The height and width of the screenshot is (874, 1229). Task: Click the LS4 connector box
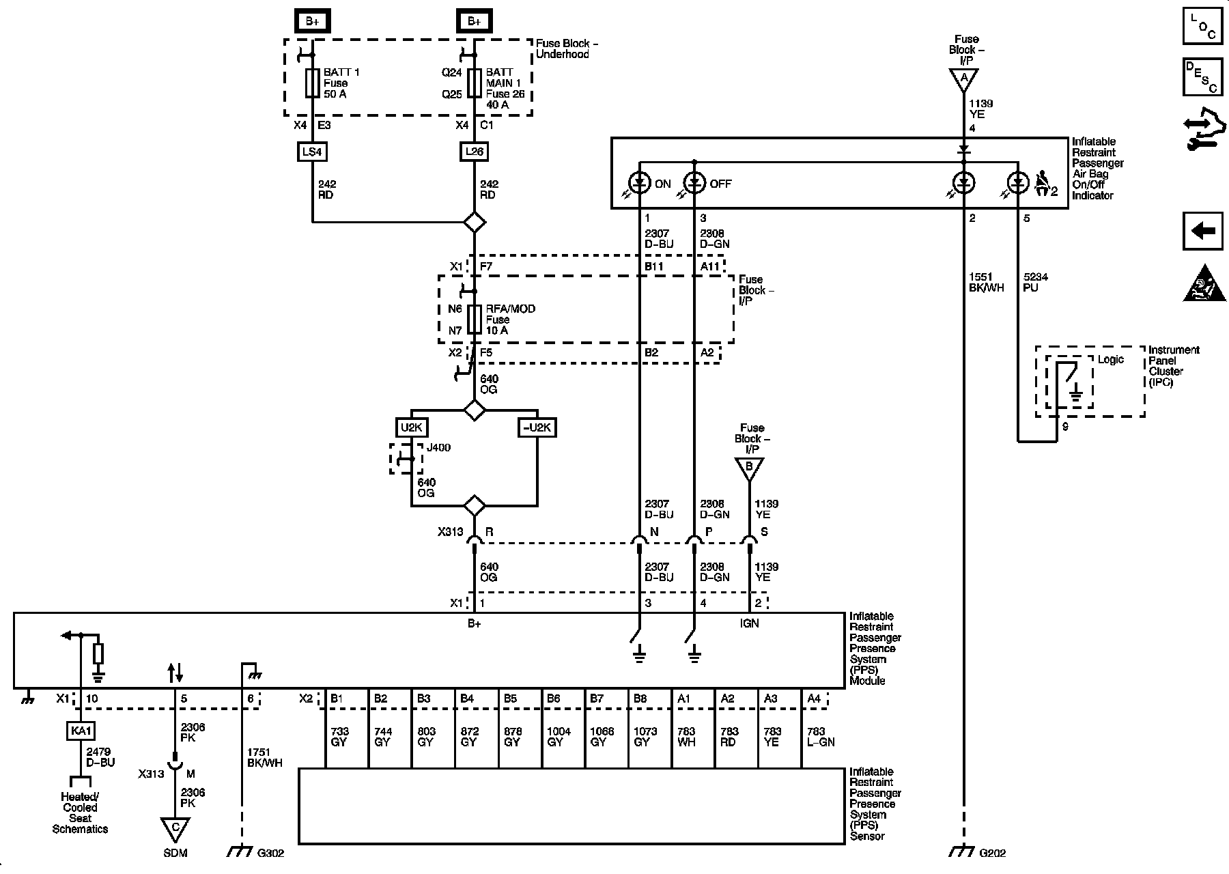[x=312, y=152]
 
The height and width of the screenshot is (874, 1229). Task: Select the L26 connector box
[x=475, y=152]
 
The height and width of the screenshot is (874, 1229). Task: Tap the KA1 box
[x=81, y=731]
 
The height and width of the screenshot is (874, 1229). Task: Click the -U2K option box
[x=537, y=428]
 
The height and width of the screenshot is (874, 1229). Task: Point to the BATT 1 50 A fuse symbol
[x=312, y=83]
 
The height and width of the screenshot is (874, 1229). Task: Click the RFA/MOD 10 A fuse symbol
[x=475, y=320]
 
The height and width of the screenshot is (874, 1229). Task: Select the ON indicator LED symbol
[x=639, y=183]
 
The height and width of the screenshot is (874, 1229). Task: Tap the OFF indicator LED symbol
[x=694, y=183]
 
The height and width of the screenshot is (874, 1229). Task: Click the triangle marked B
[x=749, y=468]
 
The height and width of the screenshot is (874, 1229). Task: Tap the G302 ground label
[x=271, y=853]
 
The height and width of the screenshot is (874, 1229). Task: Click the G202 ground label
[x=992, y=853]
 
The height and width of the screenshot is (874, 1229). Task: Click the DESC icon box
[x=1203, y=76]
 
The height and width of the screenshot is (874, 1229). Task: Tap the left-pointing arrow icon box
[x=1203, y=231]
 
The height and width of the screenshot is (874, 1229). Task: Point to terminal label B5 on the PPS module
[x=511, y=699]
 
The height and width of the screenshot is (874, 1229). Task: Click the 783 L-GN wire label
[x=821, y=737]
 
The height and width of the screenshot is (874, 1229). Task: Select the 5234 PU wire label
[x=1036, y=283]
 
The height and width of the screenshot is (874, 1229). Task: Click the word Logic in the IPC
[x=1110, y=360]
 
